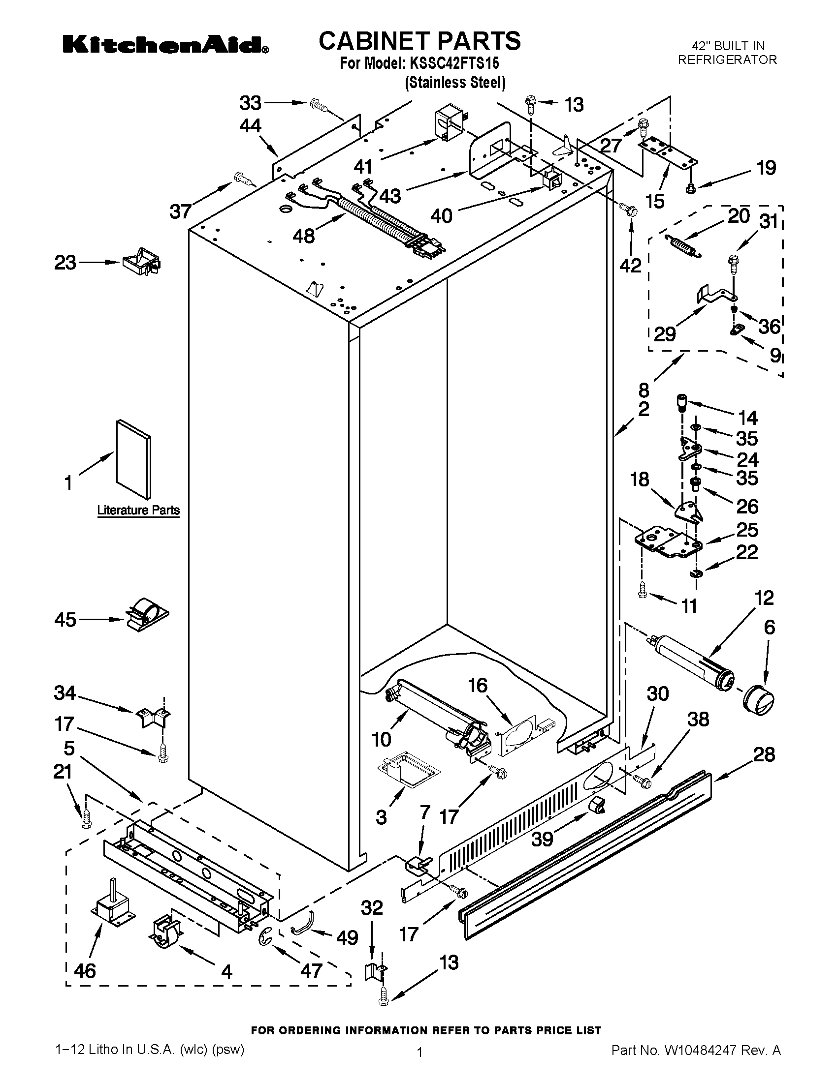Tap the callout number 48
[303, 236]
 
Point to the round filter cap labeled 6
[759, 699]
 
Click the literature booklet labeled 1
[133, 458]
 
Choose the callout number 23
[65, 262]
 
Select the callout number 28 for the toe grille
[764, 754]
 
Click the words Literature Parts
[138, 510]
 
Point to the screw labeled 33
[319, 105]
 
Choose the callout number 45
[65, 619]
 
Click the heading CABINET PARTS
[419, 41]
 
